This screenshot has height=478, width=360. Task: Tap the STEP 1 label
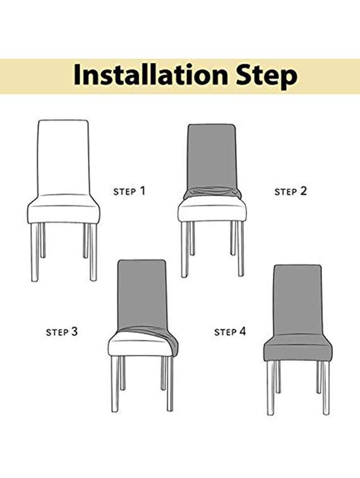(129, 191)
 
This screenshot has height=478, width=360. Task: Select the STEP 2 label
(291, 191)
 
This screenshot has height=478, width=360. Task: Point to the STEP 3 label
(62, 332)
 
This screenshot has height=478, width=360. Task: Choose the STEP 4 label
(230, 332)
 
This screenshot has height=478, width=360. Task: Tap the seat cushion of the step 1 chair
(63, 210)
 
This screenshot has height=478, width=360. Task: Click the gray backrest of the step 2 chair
(212, 155)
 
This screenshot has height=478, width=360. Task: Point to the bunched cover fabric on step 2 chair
(212, 192)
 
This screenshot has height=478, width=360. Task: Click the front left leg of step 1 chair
(34, 253)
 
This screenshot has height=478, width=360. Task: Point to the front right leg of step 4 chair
(326, 388)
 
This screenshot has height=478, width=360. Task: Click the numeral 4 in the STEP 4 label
(243, 331)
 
